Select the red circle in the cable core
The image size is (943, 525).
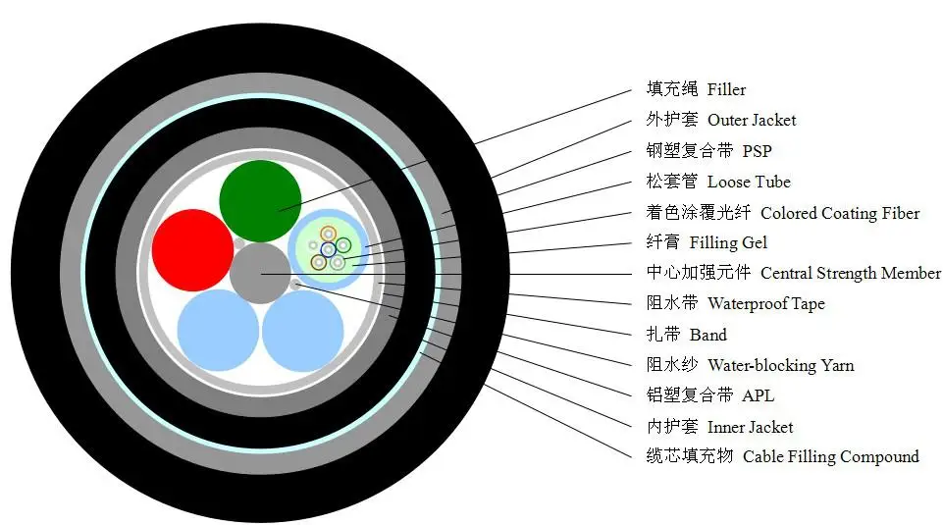192,250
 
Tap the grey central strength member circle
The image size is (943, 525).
260,273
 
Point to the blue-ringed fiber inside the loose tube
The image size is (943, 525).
328,249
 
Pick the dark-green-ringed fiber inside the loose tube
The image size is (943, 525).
343,245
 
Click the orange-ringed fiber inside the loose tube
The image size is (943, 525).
328,235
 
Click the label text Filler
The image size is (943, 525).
726,90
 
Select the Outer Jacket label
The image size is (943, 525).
752,121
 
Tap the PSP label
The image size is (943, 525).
758,151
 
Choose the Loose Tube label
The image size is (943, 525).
749,182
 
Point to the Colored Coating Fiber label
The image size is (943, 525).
840,213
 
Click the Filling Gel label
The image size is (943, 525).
728,243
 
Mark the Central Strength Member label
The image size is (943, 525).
850,274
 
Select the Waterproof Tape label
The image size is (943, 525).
766,304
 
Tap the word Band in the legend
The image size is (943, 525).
708,336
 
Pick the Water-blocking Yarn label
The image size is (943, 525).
780,366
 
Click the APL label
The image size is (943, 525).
759,396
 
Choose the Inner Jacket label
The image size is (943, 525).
751,427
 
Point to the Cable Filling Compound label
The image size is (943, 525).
831,457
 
